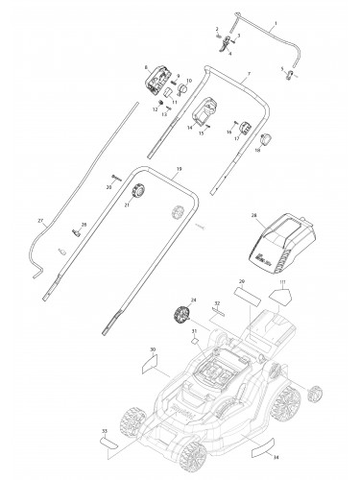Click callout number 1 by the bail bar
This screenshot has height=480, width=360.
coord(276,21)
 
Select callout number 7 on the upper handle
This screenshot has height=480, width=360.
coord(248,74)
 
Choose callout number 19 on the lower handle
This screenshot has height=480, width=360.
coord(179,169)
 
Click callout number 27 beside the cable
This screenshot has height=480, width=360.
coord(41,221)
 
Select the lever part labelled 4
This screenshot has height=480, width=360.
coord(227,41)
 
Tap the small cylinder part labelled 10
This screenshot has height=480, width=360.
coord(180,89)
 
